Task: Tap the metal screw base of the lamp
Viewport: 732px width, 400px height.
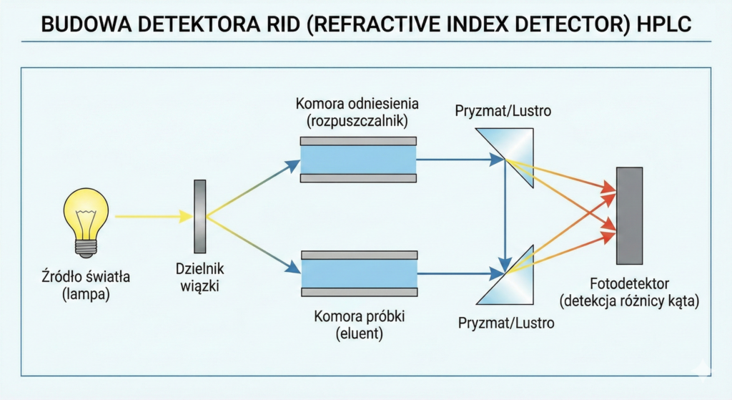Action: pyautogui.click(x=86, y=247)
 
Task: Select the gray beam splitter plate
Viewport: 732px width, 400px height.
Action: pyautogui.click(x=199, y=217)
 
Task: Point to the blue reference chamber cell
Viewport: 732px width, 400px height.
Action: pyautogui.click(x=358, y=159)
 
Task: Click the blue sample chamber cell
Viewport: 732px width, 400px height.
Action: pyautogui.click(x=358, y=273)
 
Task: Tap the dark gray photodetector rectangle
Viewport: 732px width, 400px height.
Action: pyautogui.click(x=629, y=215)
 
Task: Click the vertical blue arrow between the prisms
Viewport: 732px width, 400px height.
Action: pyautogui.click(x=506, y=215)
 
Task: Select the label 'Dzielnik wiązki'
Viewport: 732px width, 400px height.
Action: pyautogui.click(x=199, y=278)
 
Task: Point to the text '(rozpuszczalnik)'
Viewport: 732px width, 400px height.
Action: pyautogui.click(x=357, y=121)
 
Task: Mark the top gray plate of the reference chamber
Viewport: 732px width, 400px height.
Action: pyautogui.click(x=358, y=140)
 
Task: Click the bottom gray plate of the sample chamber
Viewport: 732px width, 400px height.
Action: pyautogui.click(x=358, y=291)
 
